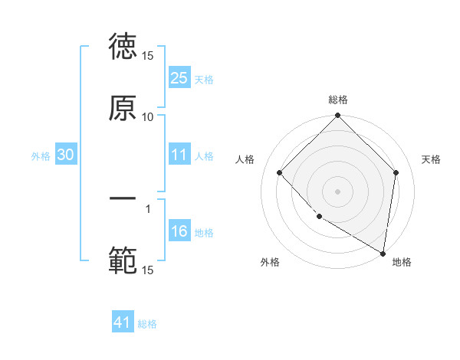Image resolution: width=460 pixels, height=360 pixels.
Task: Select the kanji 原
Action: [x=123, y=108]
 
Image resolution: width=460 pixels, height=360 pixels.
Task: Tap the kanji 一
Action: [x=123, y=198]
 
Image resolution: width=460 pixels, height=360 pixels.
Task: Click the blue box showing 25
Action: [x=179, y=78]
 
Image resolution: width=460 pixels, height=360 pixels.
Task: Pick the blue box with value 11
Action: [x=179, y=155]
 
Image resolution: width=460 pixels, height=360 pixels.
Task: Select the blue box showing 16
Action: [x=179, y=232]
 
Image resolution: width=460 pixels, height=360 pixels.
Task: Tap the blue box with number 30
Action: [x=66, y=155]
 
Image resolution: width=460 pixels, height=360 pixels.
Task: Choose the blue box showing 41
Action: [x=123, y=323]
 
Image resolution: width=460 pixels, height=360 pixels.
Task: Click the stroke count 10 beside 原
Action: [x=148, y=116]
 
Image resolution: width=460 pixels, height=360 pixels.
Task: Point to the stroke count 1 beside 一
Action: [x=148, y=207]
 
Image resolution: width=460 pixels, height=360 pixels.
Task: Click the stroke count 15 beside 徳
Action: [x=148, y=56]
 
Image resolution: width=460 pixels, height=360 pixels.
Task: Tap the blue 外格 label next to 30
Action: [x=41, y=155]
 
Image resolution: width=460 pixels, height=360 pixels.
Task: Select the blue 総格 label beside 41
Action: [x=147, y=324]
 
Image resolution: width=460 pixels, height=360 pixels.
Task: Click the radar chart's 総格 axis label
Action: [x=338, y=100]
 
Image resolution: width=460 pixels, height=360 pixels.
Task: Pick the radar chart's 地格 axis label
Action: [x=402, y=262]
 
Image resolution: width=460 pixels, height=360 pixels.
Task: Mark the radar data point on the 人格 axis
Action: [x=280, y=172]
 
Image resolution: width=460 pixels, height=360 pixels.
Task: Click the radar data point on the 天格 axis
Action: [x=396, y=172]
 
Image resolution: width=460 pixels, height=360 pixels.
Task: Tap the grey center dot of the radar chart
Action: [x=338, y=191]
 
